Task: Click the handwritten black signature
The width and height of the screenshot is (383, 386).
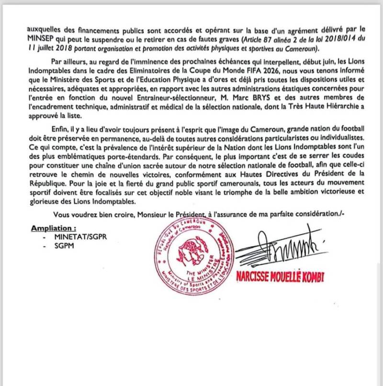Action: coord(278,249)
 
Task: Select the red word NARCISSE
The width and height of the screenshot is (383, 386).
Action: coord(255,276)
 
